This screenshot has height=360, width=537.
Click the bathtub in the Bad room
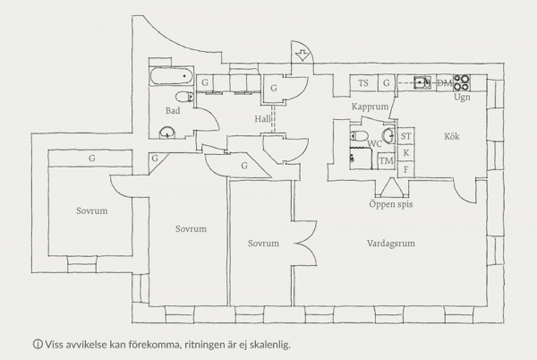pyautogui.click(x=172, y=76)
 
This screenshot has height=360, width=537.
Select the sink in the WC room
pyautogui.click(x=389, y=135)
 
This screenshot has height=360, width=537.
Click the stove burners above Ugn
pyautogui.click(x=462, y=82)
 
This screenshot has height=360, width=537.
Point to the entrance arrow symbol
pyautogui.click(x=303, y=55)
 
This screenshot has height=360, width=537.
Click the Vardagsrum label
pyautogui.click(x=391, y=244)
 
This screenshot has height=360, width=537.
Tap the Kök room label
pyautogui.click(x=452, y=136)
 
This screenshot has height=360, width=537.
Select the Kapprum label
pyautogui.click(x=370, y=107)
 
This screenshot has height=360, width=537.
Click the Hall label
pyautogui.click(x=262, y=119)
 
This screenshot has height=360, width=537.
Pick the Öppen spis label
pyautogui.click(x=391, y=204)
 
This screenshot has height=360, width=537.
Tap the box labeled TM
pyautogui.click(x=387, y=160)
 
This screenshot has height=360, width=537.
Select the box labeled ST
pyautogui.click(x=405, y=136)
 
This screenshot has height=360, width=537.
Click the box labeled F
pyautogui.click(x=405, y=169)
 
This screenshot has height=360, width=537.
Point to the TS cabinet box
pyautogui.click(x=363, y=83)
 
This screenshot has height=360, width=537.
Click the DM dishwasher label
pyautogui.click(x=445, y=82)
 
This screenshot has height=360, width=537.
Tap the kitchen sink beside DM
pyautogui.click(x=422, y=82)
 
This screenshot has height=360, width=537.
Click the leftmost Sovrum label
pyautogui.click(x=92, y=210)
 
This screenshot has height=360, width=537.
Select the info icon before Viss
pyautogui.click(x=38, y=344)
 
